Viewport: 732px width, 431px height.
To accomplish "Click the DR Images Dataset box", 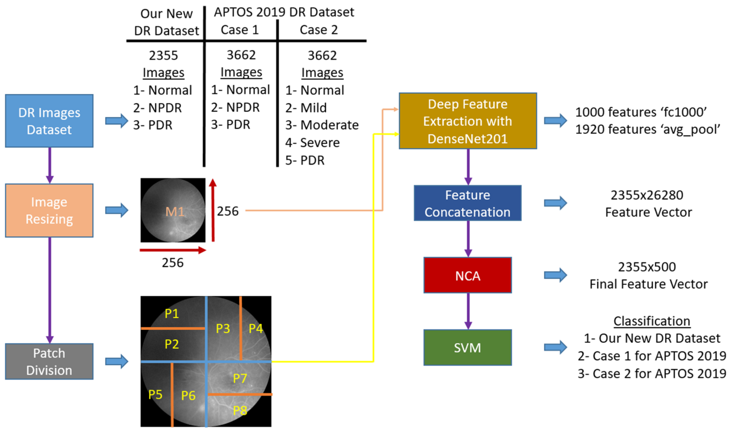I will [x=49, y=121].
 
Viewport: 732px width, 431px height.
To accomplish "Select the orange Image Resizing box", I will [x=49, y=210].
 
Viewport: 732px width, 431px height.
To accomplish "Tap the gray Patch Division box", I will [x=49, y=362].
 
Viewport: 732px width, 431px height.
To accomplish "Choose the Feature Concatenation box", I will [x=468, y=203].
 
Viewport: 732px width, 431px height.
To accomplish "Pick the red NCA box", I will [x=468, y=275].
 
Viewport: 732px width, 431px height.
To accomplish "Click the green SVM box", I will [x=468, y=347].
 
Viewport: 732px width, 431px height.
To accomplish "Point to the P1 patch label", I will [x=172, y=314].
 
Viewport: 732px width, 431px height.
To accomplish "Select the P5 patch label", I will [x=155, y=395].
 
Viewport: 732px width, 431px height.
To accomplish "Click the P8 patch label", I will [x=240, y=410].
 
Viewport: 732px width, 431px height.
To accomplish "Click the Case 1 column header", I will [x=240, y=30].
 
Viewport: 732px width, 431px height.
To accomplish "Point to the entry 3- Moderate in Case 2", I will [x=322, y=125].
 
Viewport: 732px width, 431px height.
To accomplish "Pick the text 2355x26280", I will [x=647, y=195].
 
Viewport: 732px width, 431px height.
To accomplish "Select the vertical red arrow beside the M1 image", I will [x=213, y=210].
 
